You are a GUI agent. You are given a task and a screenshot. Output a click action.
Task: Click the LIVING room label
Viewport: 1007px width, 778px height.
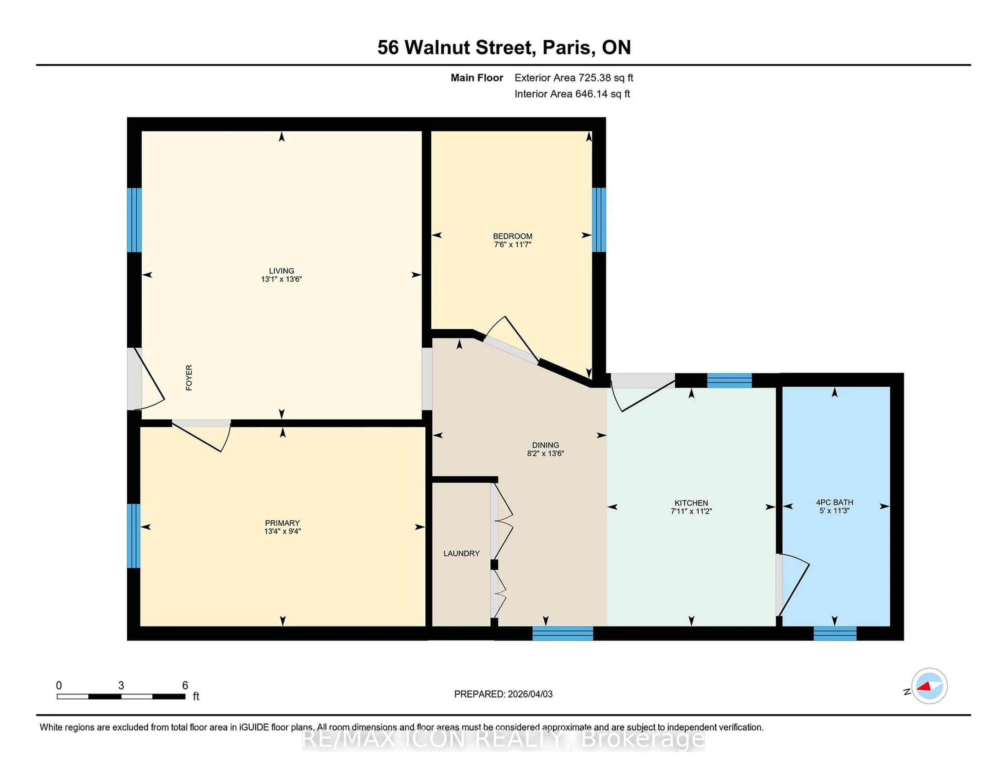pyautogui.click(x=281, y=271)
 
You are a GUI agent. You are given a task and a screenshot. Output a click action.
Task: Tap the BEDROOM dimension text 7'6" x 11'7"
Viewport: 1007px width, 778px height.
pyautogui.click(x=512, y=244)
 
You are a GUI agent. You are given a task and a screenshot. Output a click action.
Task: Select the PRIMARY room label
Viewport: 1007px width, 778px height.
pyautogui.click(x=282, y=523)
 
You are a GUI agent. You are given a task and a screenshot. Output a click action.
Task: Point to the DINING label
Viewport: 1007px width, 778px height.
pyautogui.click(x=545, y=445)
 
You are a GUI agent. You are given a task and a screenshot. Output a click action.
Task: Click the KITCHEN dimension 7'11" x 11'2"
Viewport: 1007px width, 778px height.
pyautogui.click(x=691, y=511)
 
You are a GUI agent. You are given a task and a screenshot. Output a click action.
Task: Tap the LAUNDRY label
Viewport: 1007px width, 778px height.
pyautogui.click(x=462, y=553)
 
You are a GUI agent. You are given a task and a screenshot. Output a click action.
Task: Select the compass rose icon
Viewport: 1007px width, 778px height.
pyautogui.click(x=929, y=686)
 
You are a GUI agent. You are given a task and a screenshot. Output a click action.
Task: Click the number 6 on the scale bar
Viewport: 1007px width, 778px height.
pyautogui.click(x=185, y=685)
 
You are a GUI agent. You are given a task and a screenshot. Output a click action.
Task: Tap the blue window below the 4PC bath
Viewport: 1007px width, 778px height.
pyautogui.click(x=834, y=633)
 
